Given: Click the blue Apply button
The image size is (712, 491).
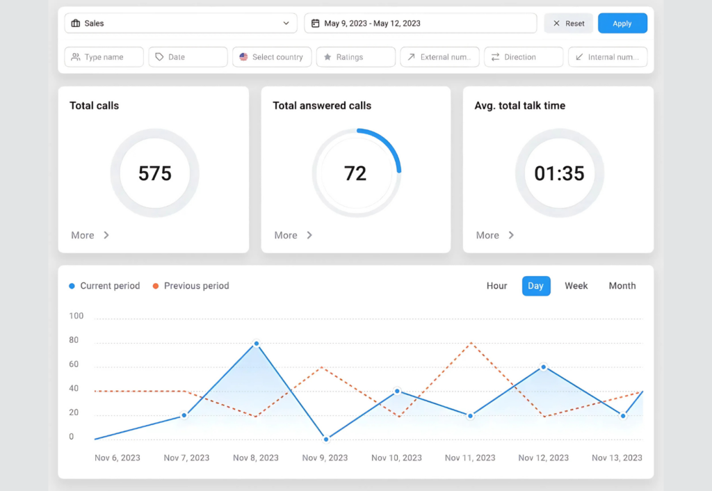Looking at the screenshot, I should coord(622,24).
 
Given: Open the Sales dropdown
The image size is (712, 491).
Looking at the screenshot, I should coord(180,24).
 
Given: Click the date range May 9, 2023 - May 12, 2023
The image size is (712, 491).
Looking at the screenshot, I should coord(420,24).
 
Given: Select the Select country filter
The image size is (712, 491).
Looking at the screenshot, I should coord(272,57).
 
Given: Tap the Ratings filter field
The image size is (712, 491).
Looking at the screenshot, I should coord(355,57).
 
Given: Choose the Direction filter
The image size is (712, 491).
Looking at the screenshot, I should coord(523,57).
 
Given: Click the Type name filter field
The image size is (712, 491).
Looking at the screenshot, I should coord(104,57).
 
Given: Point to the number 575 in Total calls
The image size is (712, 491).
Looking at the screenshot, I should coord(154,173).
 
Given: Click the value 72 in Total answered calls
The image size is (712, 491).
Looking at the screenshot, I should coord(355,173).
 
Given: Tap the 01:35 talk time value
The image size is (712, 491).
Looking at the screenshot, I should coord(559,173).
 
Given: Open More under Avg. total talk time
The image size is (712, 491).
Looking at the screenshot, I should coord(494,235).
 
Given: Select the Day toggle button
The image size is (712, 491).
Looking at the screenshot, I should coord(536,286).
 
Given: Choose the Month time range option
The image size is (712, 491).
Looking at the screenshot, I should coord(622,286).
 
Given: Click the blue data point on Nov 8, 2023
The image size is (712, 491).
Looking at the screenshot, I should coord(256,344).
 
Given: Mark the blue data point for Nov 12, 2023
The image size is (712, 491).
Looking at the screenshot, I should coord(543,367).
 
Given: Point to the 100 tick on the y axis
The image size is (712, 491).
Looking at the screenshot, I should coord(76,316).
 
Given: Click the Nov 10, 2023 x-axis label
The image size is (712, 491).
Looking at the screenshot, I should coord(396,458).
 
